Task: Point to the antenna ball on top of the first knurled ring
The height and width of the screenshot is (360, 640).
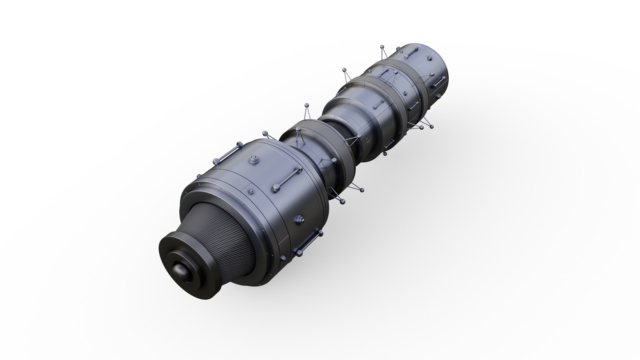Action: tap(306, 106)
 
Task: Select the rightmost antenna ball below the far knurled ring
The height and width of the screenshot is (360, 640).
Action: tap(432, 126)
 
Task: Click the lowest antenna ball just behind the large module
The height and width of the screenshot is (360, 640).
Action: tap(342, 202)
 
